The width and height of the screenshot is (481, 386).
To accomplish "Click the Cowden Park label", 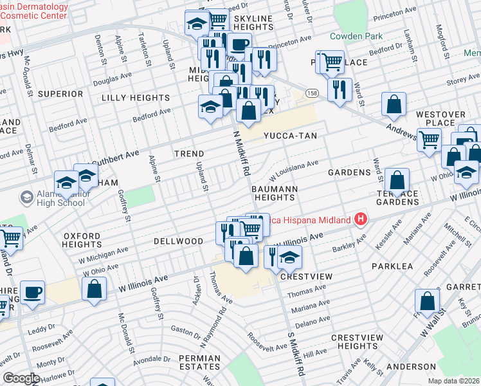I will pos(356,36).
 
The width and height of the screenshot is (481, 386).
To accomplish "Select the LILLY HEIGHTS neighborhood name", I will pos(136,98).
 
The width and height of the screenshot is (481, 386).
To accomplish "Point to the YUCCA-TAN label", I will pos(287,136).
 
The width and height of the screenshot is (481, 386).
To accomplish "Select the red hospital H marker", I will pos(360,220).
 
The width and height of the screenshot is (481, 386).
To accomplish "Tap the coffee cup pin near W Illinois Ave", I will pos(32,293).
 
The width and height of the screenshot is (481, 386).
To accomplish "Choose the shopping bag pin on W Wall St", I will pos(427,301).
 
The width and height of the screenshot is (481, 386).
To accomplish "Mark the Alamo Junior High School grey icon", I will pos(26,196).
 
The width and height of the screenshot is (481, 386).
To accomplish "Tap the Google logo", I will pos(21,378).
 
